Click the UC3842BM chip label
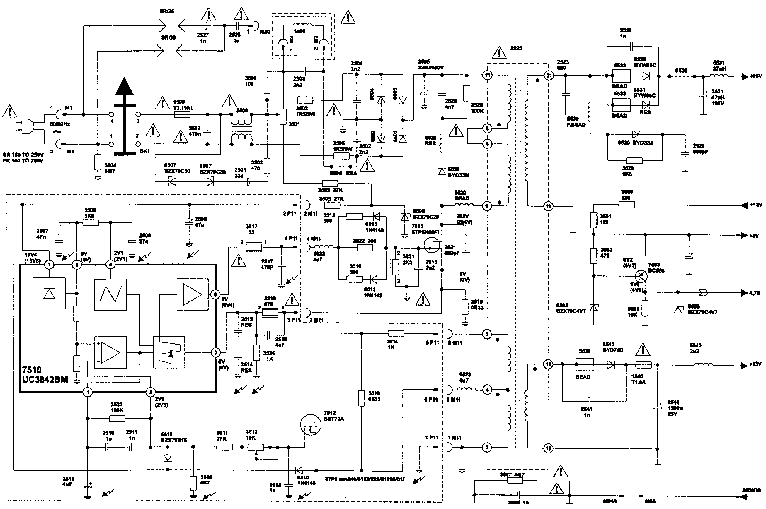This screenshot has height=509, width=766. [x=45, y=379]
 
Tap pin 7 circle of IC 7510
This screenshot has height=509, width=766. [x=50, y=265]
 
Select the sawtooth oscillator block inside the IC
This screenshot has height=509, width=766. [x=110, y=294]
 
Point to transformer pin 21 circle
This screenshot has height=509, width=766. [x=549, y=76]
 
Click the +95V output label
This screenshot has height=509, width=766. [x=756, y=77]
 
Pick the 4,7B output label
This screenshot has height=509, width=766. [x=755, y=293]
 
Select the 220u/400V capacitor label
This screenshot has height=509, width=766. [x=430, y=68]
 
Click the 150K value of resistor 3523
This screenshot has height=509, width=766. [x=117, y=410]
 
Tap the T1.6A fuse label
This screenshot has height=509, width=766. [x=638, y=382]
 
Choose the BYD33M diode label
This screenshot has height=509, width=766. [x=458, y=175]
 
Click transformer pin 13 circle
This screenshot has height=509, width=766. [x=549, y=449]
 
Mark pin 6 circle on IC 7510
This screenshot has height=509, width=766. [x=215, y=294]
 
